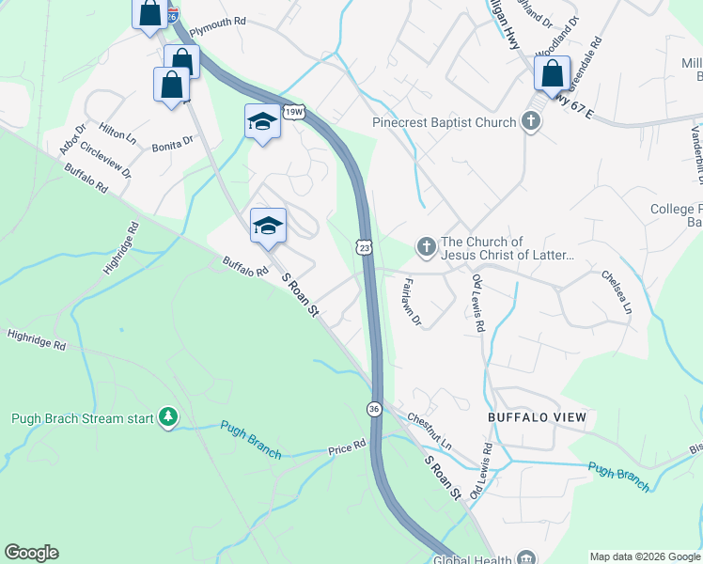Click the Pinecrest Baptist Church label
point(444,122)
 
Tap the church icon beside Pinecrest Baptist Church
point(531,121)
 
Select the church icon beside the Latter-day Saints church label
point(426,247)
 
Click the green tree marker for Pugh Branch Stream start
point(168,416)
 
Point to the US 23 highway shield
point(364,246)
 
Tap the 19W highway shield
point(294,112)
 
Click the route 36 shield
point(373,409)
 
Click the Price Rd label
point(346,448)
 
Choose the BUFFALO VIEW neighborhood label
point(537,417)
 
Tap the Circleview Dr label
point(105,159)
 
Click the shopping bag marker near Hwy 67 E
point(552,73)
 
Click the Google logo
point(31,553)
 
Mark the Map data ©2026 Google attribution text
point(644,556)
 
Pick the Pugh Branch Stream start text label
point(82,418)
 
